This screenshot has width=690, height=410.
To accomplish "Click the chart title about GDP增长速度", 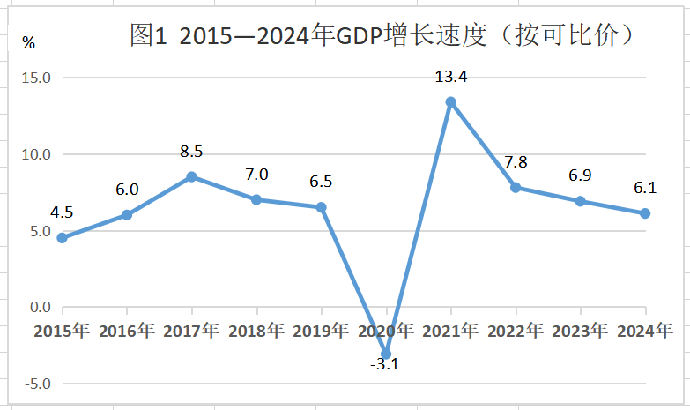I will pos(382,35).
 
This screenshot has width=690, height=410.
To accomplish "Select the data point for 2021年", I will pos(450,102).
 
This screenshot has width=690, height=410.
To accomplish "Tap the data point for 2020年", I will pos(386,354).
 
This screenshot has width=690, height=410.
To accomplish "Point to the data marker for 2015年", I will pos(62,238).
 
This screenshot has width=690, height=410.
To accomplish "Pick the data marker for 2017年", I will pos(191,176).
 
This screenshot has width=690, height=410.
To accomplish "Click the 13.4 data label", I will pos(450,77).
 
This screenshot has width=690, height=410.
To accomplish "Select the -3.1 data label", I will pos(384,364).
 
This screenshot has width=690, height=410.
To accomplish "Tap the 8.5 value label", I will pos(191,152).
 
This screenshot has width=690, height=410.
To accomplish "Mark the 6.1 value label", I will pos(645,187).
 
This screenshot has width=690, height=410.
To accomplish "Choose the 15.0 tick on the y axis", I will pos(37,78).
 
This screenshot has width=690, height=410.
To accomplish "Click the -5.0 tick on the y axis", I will pos(37,384).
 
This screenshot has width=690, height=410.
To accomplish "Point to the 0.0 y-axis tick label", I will pos(40,308).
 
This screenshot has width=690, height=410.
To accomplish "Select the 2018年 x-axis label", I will pos(256,332).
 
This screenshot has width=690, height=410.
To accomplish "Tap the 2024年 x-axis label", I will pos(645,332).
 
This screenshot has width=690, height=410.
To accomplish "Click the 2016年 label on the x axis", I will pos(127,332).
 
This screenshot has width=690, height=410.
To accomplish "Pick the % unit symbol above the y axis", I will pos(29,41).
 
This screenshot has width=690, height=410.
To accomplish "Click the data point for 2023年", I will pos(580,201).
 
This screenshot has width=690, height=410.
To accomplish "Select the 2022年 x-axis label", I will pos(516,332).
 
